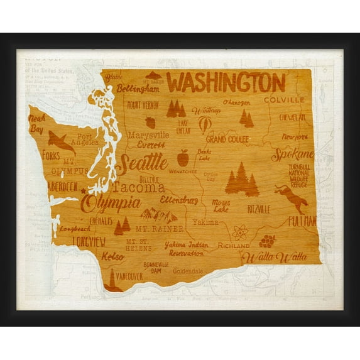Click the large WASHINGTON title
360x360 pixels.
(x=226, y=82)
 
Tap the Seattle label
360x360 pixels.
(x=142, y=163)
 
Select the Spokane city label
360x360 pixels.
(x=292, y=155)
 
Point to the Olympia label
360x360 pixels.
(x=112, y=203)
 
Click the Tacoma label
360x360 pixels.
(x=139, y=187)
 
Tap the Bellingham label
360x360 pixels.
(x=138, y=89)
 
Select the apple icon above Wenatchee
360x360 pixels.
(x=183, y=158)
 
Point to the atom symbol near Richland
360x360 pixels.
(x=240, y=233)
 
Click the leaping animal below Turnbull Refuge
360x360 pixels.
(x=291, y=198)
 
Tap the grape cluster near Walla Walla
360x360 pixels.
(x=268, y=241)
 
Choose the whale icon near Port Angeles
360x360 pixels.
(x=61, y=141)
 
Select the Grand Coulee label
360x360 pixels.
(x=227, y=139)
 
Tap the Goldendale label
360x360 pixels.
(x=185, y=271)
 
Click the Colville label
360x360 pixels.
(x=284, y=100)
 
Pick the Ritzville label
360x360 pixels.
(x=259, y=209)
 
